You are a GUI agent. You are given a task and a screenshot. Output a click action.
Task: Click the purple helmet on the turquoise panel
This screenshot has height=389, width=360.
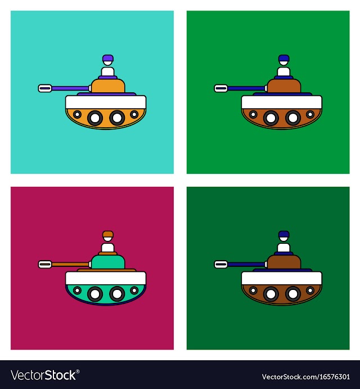coord(108,58)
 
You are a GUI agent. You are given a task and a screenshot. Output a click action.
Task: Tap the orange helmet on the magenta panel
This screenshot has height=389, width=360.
coord(108,234)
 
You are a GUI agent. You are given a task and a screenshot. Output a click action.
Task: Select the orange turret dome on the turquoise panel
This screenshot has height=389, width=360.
coord(108,86)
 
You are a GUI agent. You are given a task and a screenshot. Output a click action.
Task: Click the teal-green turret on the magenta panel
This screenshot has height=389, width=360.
coord(108,262)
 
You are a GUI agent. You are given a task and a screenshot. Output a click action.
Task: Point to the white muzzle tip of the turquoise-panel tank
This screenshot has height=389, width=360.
coord(45,88)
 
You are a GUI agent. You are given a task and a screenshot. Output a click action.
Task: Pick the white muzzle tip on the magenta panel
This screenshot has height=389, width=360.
coord(45,265)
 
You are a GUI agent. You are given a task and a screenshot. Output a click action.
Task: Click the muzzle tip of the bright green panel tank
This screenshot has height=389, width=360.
coord(221,88)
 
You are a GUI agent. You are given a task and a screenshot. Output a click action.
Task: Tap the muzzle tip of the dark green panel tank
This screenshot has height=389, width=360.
coord(221,265)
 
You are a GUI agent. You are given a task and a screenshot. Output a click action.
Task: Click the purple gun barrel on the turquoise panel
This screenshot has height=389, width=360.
coord(70,88)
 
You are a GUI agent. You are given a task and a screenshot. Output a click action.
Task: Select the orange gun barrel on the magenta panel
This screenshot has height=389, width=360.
coord(70,265)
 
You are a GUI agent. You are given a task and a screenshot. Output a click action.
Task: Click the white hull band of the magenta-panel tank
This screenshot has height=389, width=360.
coord(106,278)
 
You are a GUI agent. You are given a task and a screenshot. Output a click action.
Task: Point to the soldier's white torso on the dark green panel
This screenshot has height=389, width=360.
coord(283,248)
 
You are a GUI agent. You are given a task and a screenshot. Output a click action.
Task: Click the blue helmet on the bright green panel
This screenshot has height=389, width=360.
coord(284,58)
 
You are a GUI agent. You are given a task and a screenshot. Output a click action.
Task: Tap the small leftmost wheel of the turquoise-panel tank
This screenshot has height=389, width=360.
coord(77,114)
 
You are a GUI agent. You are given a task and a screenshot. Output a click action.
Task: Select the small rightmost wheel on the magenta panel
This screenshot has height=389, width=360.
coord(134,290)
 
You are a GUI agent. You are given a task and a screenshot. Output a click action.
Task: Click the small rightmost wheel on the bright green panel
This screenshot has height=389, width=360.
coord(310,114)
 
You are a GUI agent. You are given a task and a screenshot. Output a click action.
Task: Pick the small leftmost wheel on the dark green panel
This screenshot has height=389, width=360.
coord(253,290)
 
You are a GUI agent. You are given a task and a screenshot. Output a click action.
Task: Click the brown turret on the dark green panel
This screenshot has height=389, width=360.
coord(284,262)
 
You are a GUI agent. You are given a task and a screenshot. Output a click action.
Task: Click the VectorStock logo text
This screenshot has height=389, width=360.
coord(45,375)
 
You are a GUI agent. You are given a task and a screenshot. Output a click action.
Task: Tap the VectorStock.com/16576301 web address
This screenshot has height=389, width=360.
coord(305,377)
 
